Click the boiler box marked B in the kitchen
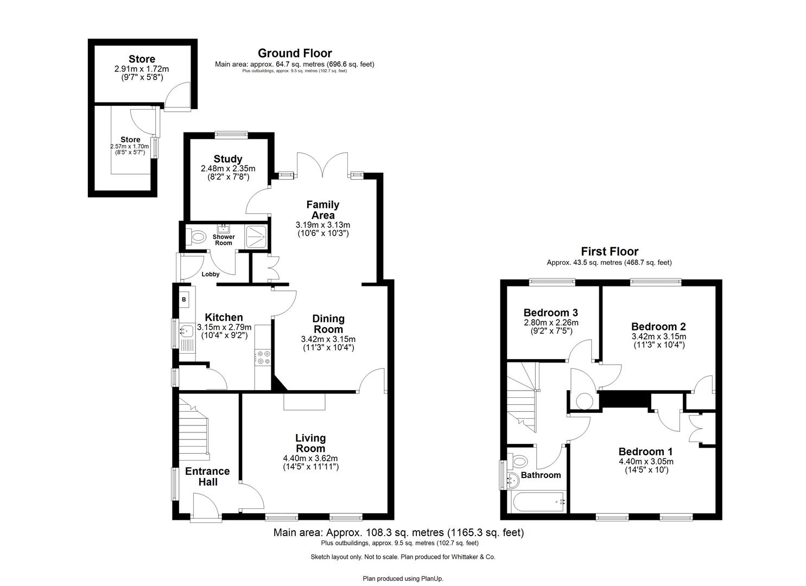tap(183, 300)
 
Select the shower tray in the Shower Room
tap(256, 236)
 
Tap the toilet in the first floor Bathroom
tap(518, 462)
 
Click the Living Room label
tap(310, 443)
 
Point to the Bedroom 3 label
tap(550, 313)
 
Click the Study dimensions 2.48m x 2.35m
tap(227, 169)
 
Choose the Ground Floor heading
tap(295, 53)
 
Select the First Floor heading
tap(610, 251)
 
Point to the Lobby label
tap(211, 274)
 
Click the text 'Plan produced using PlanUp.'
tap(403, 578)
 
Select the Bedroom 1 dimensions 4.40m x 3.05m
tap(646, 462)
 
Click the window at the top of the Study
tap(231, 135)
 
